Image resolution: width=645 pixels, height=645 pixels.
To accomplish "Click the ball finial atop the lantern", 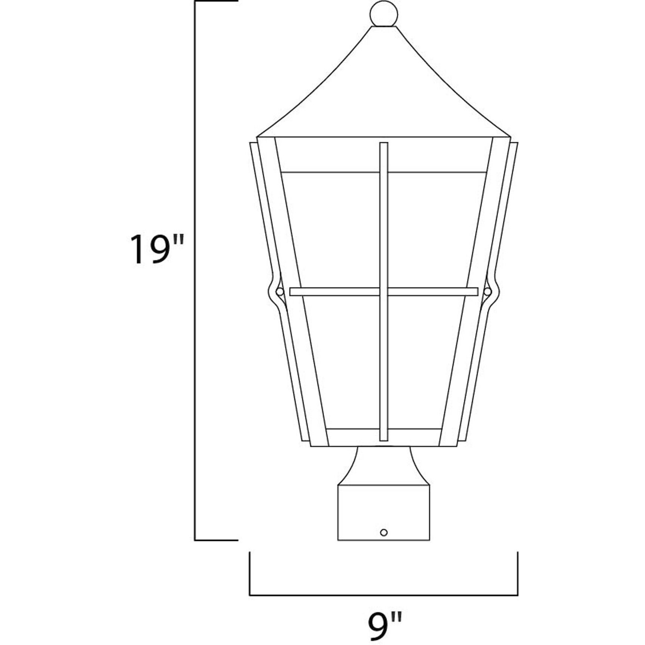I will coord(383,14).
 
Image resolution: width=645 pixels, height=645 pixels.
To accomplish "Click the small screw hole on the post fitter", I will coord(383,532).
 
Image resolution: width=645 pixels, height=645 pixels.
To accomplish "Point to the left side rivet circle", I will coord(279,292).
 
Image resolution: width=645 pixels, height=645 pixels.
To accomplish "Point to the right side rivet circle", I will coord(487,292).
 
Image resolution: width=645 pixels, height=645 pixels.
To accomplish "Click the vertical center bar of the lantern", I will coord(383,224).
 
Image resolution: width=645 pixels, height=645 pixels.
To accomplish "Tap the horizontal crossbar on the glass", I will coord(336,292).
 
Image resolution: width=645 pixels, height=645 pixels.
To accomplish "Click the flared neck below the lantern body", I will coord(383,465).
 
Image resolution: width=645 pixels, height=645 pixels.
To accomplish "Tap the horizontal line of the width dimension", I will coord(383,595).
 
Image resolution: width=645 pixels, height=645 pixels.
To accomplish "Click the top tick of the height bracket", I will coord(216,1).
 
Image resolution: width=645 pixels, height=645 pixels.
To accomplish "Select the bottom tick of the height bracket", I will coord(216,540).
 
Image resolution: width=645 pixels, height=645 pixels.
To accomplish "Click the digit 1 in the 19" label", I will coord(137,249).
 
